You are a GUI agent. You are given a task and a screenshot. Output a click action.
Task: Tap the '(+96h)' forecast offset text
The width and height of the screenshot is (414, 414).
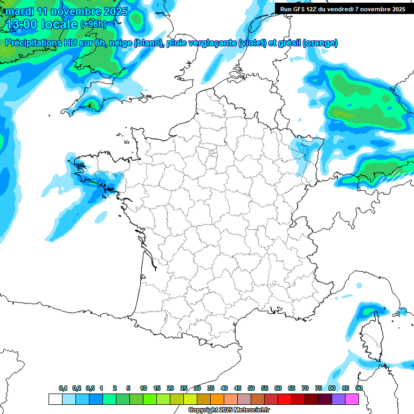click(x=93, y=24)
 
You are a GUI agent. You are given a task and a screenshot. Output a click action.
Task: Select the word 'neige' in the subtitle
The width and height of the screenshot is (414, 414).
click(x=121, y=43)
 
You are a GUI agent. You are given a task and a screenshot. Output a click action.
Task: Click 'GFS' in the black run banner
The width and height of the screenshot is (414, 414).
click(x=302, y=9)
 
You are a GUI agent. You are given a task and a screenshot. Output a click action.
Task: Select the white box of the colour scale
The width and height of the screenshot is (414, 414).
click(x=55, y=399)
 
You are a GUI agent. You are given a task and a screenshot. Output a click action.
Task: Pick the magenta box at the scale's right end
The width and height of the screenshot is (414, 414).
click(x=352, y=399)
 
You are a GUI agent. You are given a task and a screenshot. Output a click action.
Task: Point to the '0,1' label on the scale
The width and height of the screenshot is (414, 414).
click(x=63, y=388)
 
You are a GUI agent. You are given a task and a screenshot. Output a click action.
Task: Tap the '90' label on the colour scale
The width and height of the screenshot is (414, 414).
click(x=358, y=388)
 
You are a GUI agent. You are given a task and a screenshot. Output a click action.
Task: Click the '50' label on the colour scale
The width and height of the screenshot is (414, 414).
click(x=251, y=388)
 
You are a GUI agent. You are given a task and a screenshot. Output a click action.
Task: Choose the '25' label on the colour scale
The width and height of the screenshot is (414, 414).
click(x=184, y=388)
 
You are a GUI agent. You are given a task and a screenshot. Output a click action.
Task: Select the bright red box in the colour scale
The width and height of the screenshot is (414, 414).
click(x=285, y=399)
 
